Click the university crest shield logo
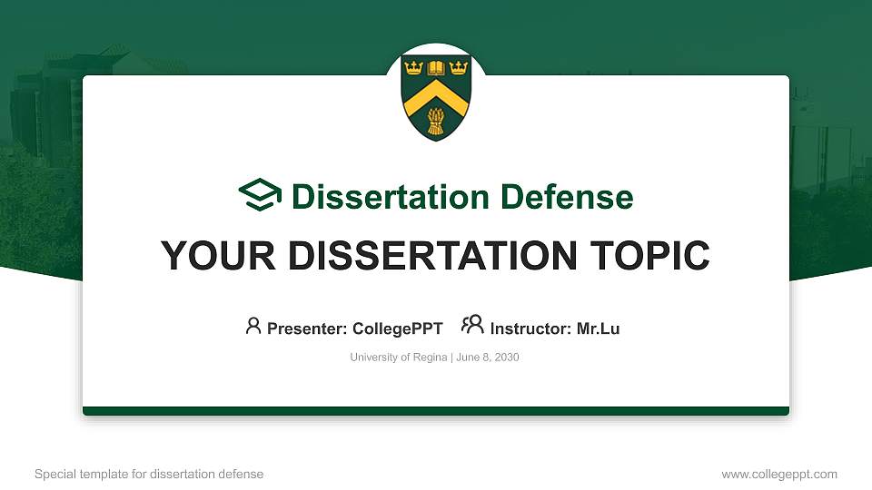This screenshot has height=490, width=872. pyautogui.click(x=436, y=96)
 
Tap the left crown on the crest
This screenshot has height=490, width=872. pyautogui.click(x=413, y=67)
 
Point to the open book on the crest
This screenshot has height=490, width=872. pyautogui.click(x=436, y=67)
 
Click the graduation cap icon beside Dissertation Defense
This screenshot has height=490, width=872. pyautogui.click(x=260, y=195)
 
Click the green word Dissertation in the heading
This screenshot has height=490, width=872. pyautogui.click(x=379, y=197)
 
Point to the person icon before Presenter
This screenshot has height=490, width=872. pyautogui.click(x=253, y=326)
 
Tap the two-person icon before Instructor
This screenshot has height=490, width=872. pyautogui.click(x=472, y=326)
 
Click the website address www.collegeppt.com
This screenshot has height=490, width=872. pyautogui.click(x=779, y=474)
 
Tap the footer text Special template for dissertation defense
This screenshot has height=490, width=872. pyautogui.click(x=149, y=474)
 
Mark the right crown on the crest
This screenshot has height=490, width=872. pyautogui.click(x=458, y=67)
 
